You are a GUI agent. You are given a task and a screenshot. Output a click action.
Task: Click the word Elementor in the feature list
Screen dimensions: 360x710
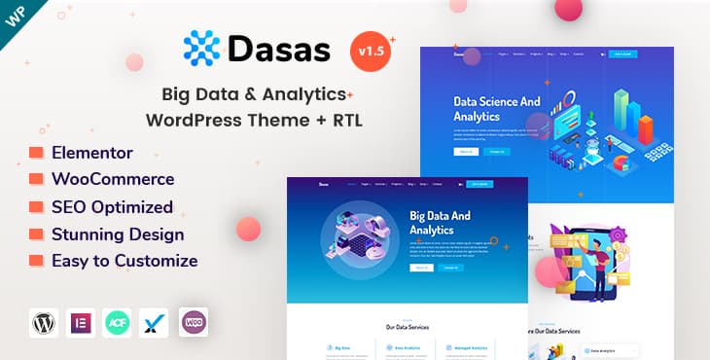click(x=92, y=153)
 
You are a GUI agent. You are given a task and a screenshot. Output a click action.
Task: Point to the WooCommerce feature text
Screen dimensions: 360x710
click(x=113, y=179)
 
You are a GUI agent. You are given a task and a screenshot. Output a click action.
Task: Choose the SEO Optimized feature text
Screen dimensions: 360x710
click(x=112, y=206)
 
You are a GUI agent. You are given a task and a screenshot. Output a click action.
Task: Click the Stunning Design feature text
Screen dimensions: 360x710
click(x=118, y=234)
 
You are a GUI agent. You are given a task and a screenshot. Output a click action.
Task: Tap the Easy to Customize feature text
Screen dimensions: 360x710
click(x=124, y=261)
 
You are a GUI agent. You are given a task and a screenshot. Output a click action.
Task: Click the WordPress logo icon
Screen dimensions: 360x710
click(x=44, y=322)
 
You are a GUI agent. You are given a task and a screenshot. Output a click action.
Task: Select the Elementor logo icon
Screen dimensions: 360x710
click(x=81, y=322)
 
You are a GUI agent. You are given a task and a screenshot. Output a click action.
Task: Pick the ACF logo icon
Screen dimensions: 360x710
click(x=118, y=322)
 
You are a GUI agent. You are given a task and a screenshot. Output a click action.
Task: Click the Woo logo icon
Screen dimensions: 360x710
click(x=194, y=322)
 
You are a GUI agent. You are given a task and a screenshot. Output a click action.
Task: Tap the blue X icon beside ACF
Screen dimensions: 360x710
click(x=155, y=322)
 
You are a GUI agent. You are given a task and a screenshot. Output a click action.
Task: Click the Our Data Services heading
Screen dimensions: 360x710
click(x=407, y=326)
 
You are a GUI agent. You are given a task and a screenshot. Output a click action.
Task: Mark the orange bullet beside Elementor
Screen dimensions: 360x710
click(x=36, y=153)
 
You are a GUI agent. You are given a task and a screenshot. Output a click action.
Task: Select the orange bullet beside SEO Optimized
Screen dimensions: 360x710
click(x=36, y=207)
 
